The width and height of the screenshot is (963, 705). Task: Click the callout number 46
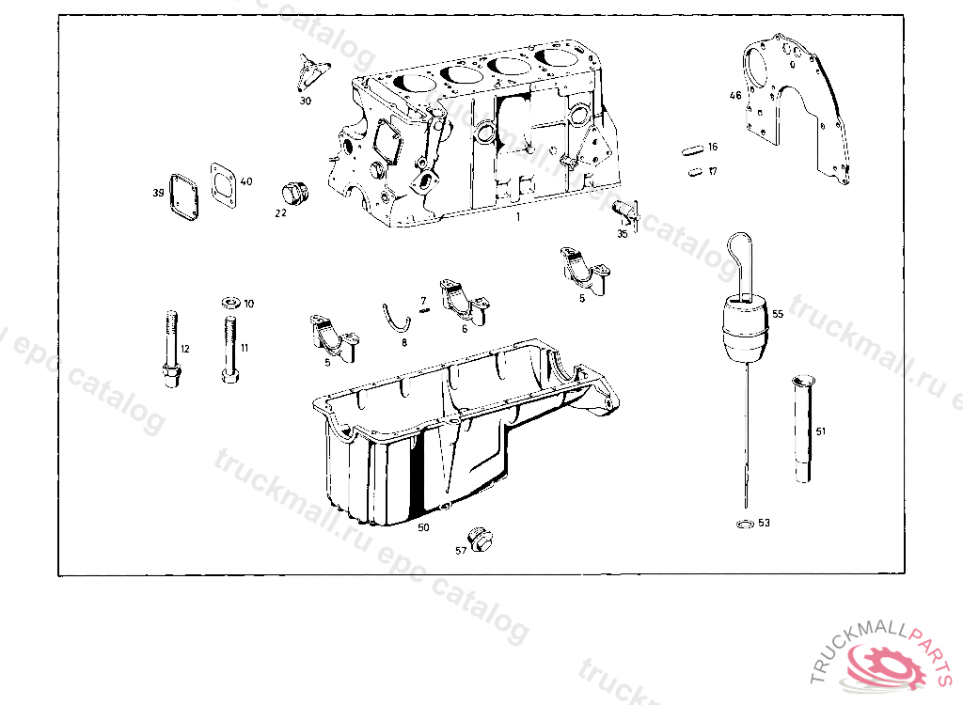[735, 95]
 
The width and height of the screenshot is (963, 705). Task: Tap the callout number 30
[306, 101]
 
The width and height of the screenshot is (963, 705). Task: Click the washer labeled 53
[743, 523]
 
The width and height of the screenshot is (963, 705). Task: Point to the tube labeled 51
[803, 429]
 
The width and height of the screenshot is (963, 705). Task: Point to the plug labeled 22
[295, 194]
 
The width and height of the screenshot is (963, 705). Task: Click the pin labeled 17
[696, 171]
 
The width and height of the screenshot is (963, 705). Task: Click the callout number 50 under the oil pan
[423, 527]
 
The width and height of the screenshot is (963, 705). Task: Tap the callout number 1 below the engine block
[516, 216]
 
